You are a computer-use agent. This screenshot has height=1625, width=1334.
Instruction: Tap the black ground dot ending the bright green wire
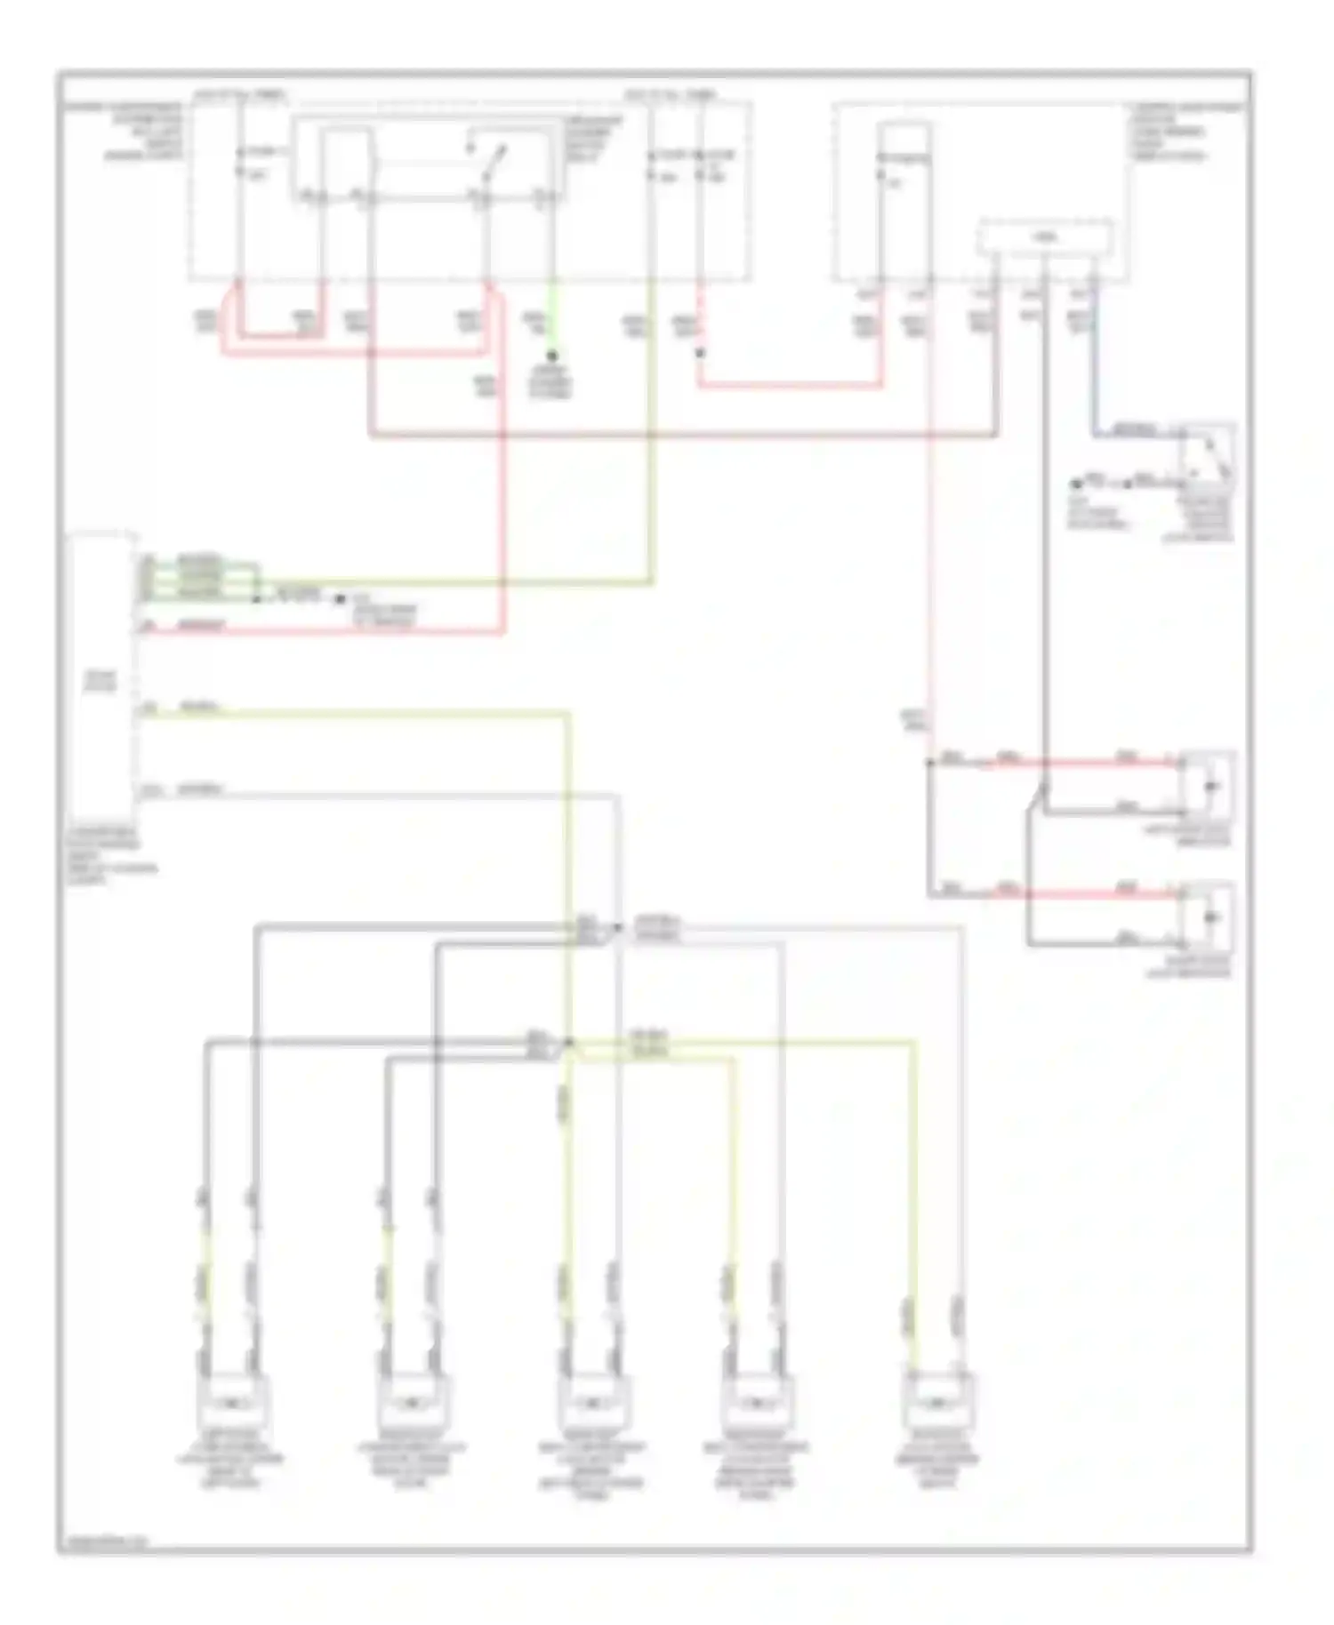pyautogui.click(x=551, y=356)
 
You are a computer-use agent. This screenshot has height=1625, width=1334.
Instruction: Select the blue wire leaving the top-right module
pyautogui.click(x=1096, y=356)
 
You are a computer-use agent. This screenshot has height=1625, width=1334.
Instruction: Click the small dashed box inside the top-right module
pyautogui.click(x=1046, y=236)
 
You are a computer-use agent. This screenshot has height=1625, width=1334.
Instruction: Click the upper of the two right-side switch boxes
pyautogui.click(x=1208, y=786)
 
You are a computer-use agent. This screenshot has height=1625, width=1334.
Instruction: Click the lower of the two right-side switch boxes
pyautogui.click(x=1208, y=917)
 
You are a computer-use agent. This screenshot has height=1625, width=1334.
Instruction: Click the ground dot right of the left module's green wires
pyautogui.click(x=340, y=599)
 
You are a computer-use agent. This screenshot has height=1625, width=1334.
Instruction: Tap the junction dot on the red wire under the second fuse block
pyautogui.click(x=700, y=353)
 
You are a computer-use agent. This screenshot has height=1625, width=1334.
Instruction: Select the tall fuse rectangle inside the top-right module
pyautogui.click(x=904, y=200)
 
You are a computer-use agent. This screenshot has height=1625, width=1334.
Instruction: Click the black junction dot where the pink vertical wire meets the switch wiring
pyautogui.click(x=929, y=763)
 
